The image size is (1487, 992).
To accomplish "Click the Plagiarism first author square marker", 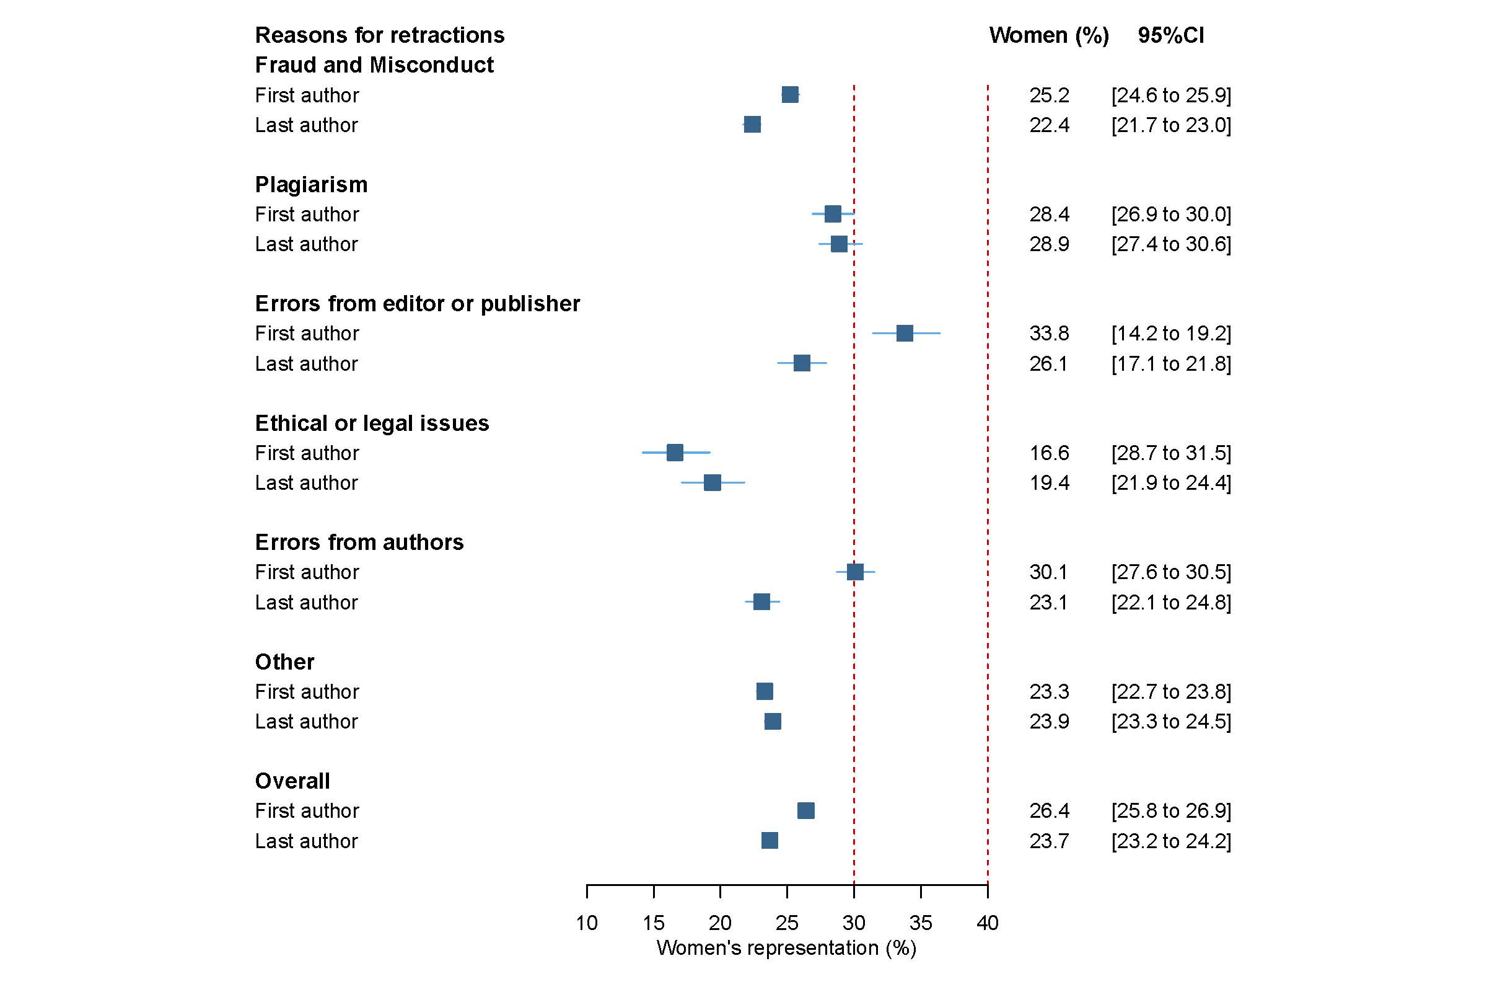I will point(833,214).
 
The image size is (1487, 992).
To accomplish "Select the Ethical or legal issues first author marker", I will point(675,453).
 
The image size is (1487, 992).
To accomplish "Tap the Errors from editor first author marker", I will point(904,333).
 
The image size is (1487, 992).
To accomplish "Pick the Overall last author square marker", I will point(770,840).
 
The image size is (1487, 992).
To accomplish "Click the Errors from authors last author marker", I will point(761,601).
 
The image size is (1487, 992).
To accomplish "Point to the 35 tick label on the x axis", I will point(921,923).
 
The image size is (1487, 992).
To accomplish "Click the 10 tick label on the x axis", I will point(587,923).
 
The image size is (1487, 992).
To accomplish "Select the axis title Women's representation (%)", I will point(786,948).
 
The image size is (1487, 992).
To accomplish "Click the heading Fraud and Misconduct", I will point(374,64).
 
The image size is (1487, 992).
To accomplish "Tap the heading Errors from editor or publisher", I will point(417,304).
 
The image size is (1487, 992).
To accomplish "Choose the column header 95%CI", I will point(1170,35).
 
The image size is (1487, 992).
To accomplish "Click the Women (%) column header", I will point(1049,35).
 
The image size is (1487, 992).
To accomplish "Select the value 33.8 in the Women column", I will point(1049,333).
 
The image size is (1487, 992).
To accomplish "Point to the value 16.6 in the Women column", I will point(1049,453).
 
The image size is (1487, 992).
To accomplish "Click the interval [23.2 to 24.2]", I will point(1171,841).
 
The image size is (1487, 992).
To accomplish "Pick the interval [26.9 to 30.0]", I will point(1171,214).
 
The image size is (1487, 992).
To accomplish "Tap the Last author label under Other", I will point(306,721).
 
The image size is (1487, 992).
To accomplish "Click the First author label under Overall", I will point(307,810).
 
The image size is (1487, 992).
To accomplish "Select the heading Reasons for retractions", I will point(379,35).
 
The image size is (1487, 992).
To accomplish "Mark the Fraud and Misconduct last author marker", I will point(752,125).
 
